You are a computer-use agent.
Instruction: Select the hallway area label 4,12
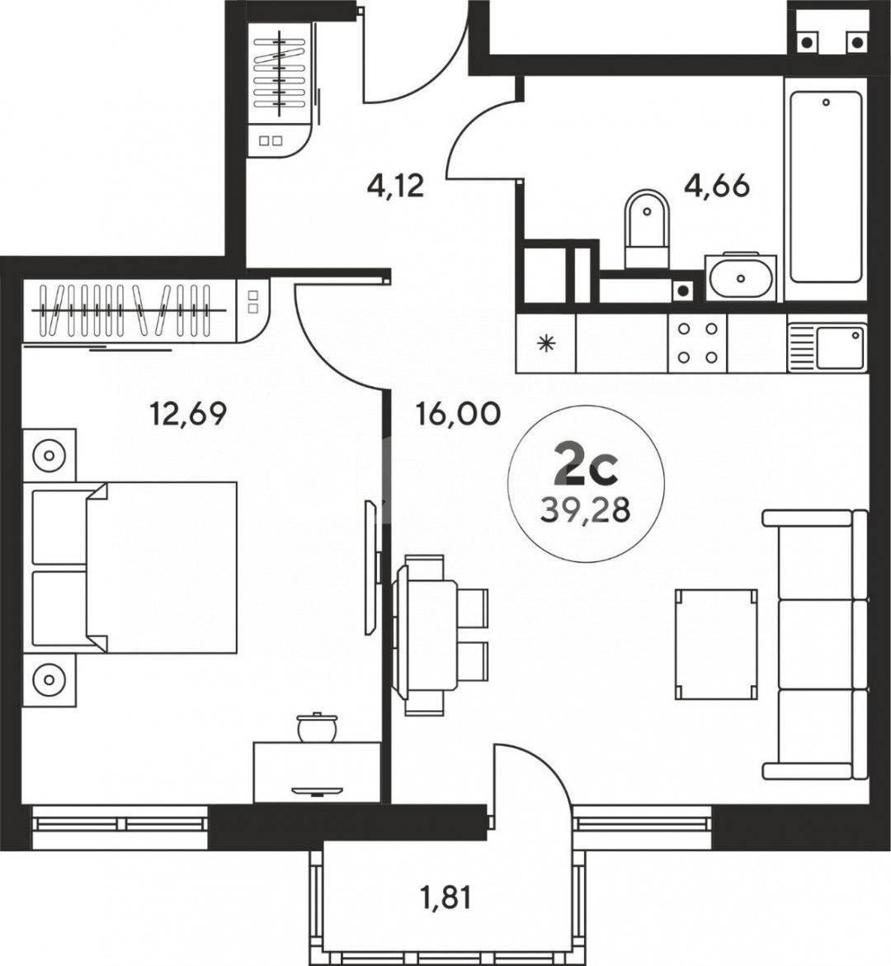point(395,185)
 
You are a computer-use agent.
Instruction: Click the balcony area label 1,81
point(444,897)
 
